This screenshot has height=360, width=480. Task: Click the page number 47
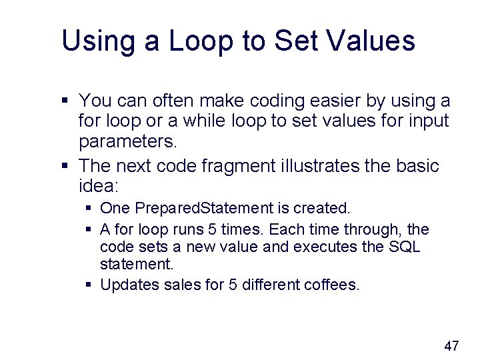pos(451,345)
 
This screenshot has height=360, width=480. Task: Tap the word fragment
pos(254,165)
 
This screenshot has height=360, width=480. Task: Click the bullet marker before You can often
pos(65,101)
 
